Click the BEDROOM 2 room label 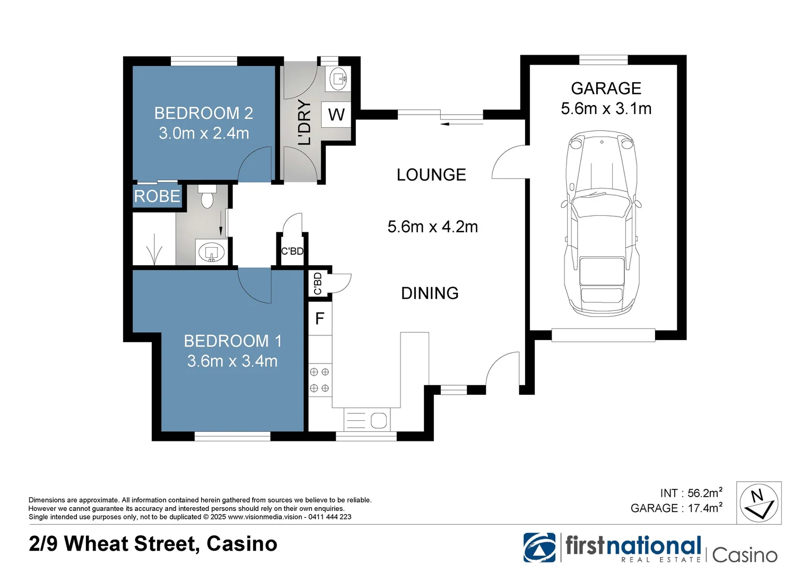(x=203, y=113)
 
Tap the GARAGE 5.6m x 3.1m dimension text (x=606, y=108)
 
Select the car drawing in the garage (x=602, y=223)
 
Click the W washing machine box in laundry (x=336, y=115)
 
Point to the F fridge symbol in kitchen (x=320, y=318)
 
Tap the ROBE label (x=157, y=196)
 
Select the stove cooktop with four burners (x=319, y=380)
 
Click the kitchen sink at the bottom (x=367, y=420)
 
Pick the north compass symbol (x=759, y=503)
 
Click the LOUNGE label (x=431, y=175)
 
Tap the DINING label (x=430, y=293)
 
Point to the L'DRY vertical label (x=304, y=122)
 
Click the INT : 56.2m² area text (x=691, y=493)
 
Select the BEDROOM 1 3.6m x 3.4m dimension (x=232, y=361)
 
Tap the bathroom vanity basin (x=212, y=253)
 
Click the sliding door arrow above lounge (x=461, y=124)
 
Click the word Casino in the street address (x=242, y=544)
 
